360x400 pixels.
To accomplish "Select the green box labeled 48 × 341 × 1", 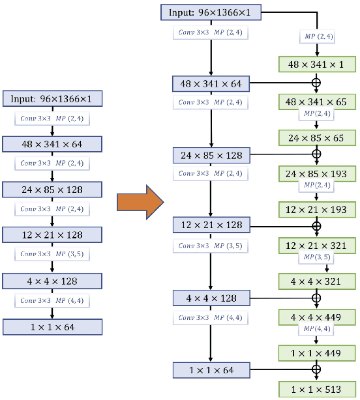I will pos(317,64).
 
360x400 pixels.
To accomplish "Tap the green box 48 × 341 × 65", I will pos(317,102).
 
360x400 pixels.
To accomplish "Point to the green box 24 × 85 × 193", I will pos(317,173).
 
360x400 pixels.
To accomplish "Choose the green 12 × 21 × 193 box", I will pos(317,209).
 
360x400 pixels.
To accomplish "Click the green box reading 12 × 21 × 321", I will pos(317,246).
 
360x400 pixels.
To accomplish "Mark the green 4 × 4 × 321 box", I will pos(317,281).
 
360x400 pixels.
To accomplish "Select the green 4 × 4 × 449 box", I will pos(317,317).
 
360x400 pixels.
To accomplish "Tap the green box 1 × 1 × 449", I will pos(317,353).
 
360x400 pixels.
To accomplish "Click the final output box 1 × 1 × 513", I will pos(317,389).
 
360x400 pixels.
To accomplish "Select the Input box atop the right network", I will pos(211,12).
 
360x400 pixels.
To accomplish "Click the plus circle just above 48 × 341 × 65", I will pos(317,83).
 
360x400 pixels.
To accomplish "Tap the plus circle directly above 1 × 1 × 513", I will pos(317,370).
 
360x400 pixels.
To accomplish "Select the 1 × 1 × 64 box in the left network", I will pos(52,326).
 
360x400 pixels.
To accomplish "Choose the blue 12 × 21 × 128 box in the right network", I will pos(211,225).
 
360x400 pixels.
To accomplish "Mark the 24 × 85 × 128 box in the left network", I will pos(52,190).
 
